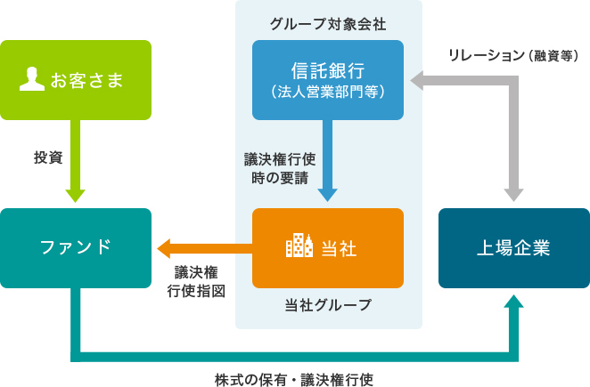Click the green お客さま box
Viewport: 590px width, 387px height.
click(76, 80)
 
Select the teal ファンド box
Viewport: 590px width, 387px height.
click(76, 247)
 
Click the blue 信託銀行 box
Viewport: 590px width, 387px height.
click(328, 79)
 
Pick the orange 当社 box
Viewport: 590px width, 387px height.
click(328, 247)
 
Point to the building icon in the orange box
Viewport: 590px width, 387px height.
click(299, 246)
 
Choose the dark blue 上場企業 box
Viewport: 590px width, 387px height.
click(513, 247)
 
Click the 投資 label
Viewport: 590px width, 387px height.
click(48, 157)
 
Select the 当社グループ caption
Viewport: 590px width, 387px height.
click(328, 304)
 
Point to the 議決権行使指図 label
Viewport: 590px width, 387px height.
click(195, 280)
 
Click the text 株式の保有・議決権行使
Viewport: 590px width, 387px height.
click(294, 378)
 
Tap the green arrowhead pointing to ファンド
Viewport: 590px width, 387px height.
click(76, 195)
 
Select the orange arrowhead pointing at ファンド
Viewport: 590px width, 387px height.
click(167, 247)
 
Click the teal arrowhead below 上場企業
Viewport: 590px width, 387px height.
click(513, 303)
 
